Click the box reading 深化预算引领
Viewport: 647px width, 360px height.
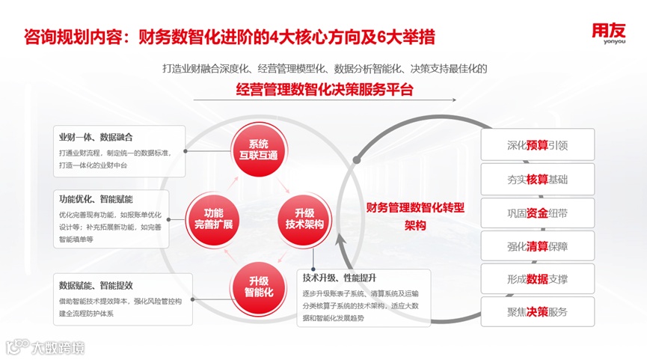point(537,144)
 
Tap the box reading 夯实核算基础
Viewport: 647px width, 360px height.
point(537,179)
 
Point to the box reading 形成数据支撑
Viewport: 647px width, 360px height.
point(537,279)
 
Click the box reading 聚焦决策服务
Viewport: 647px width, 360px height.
point(537,312)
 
